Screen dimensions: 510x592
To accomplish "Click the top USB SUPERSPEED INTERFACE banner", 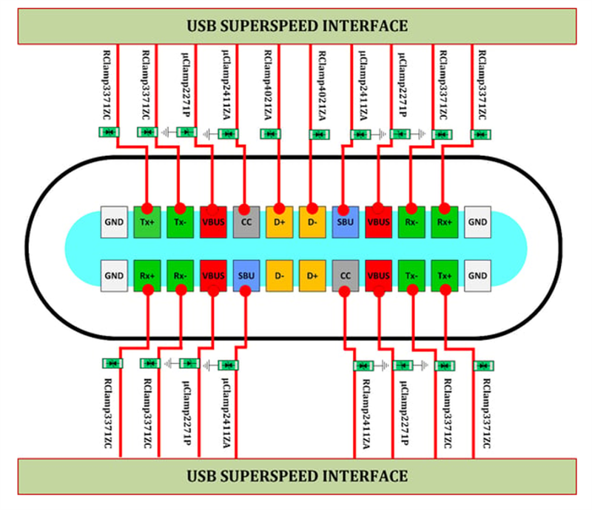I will pyautogui.click(x=296, y=26).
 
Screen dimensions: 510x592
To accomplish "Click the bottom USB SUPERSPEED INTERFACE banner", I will pyautogui.click(x=296, y=475).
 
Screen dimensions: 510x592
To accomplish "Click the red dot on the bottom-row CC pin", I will pyautogui.click(x=343, y=290).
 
